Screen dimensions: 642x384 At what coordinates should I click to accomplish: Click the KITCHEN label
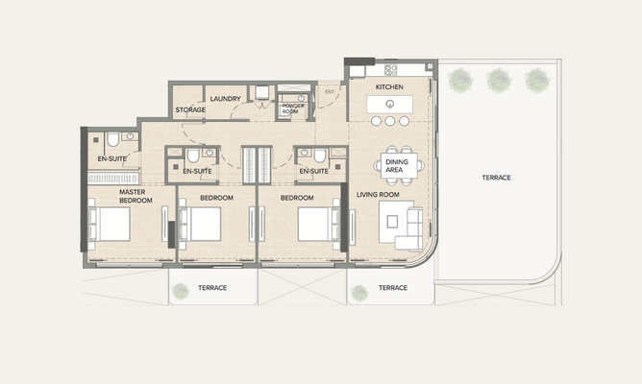tap(389, 87)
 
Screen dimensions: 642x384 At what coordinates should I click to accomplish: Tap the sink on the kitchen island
tap(390, 104)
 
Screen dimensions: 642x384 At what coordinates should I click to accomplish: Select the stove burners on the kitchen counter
tap(390, 70)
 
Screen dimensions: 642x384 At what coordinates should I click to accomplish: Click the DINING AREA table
tap(399, 166)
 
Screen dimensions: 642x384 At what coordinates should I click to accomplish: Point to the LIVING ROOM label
tap(378, 195)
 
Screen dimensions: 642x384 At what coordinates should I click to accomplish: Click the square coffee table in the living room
tap(392, 222)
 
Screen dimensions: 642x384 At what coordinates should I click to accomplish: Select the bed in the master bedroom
tap(110, 224)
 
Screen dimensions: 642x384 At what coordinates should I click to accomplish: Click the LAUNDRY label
tap(225, 99)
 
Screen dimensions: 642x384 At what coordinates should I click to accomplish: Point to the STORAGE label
tap(190, 110)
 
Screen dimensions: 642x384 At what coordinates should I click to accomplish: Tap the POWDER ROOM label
tap(293, 108)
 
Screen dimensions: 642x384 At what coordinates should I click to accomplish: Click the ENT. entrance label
tap(330, 91)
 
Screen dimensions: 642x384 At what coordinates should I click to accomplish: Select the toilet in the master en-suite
tap(113, 139)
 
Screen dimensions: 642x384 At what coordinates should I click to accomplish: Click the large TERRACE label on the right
tap(496, 178)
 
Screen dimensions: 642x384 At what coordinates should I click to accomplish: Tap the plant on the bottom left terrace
tap(180, 291)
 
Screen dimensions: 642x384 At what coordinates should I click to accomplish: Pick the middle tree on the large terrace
tap(499, 81)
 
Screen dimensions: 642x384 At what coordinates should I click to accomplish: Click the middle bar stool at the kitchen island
tap(390, 121)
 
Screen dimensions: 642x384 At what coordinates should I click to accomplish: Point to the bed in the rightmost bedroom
tap(319, 224)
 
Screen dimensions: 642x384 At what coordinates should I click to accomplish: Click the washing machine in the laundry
tap(262, 92)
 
